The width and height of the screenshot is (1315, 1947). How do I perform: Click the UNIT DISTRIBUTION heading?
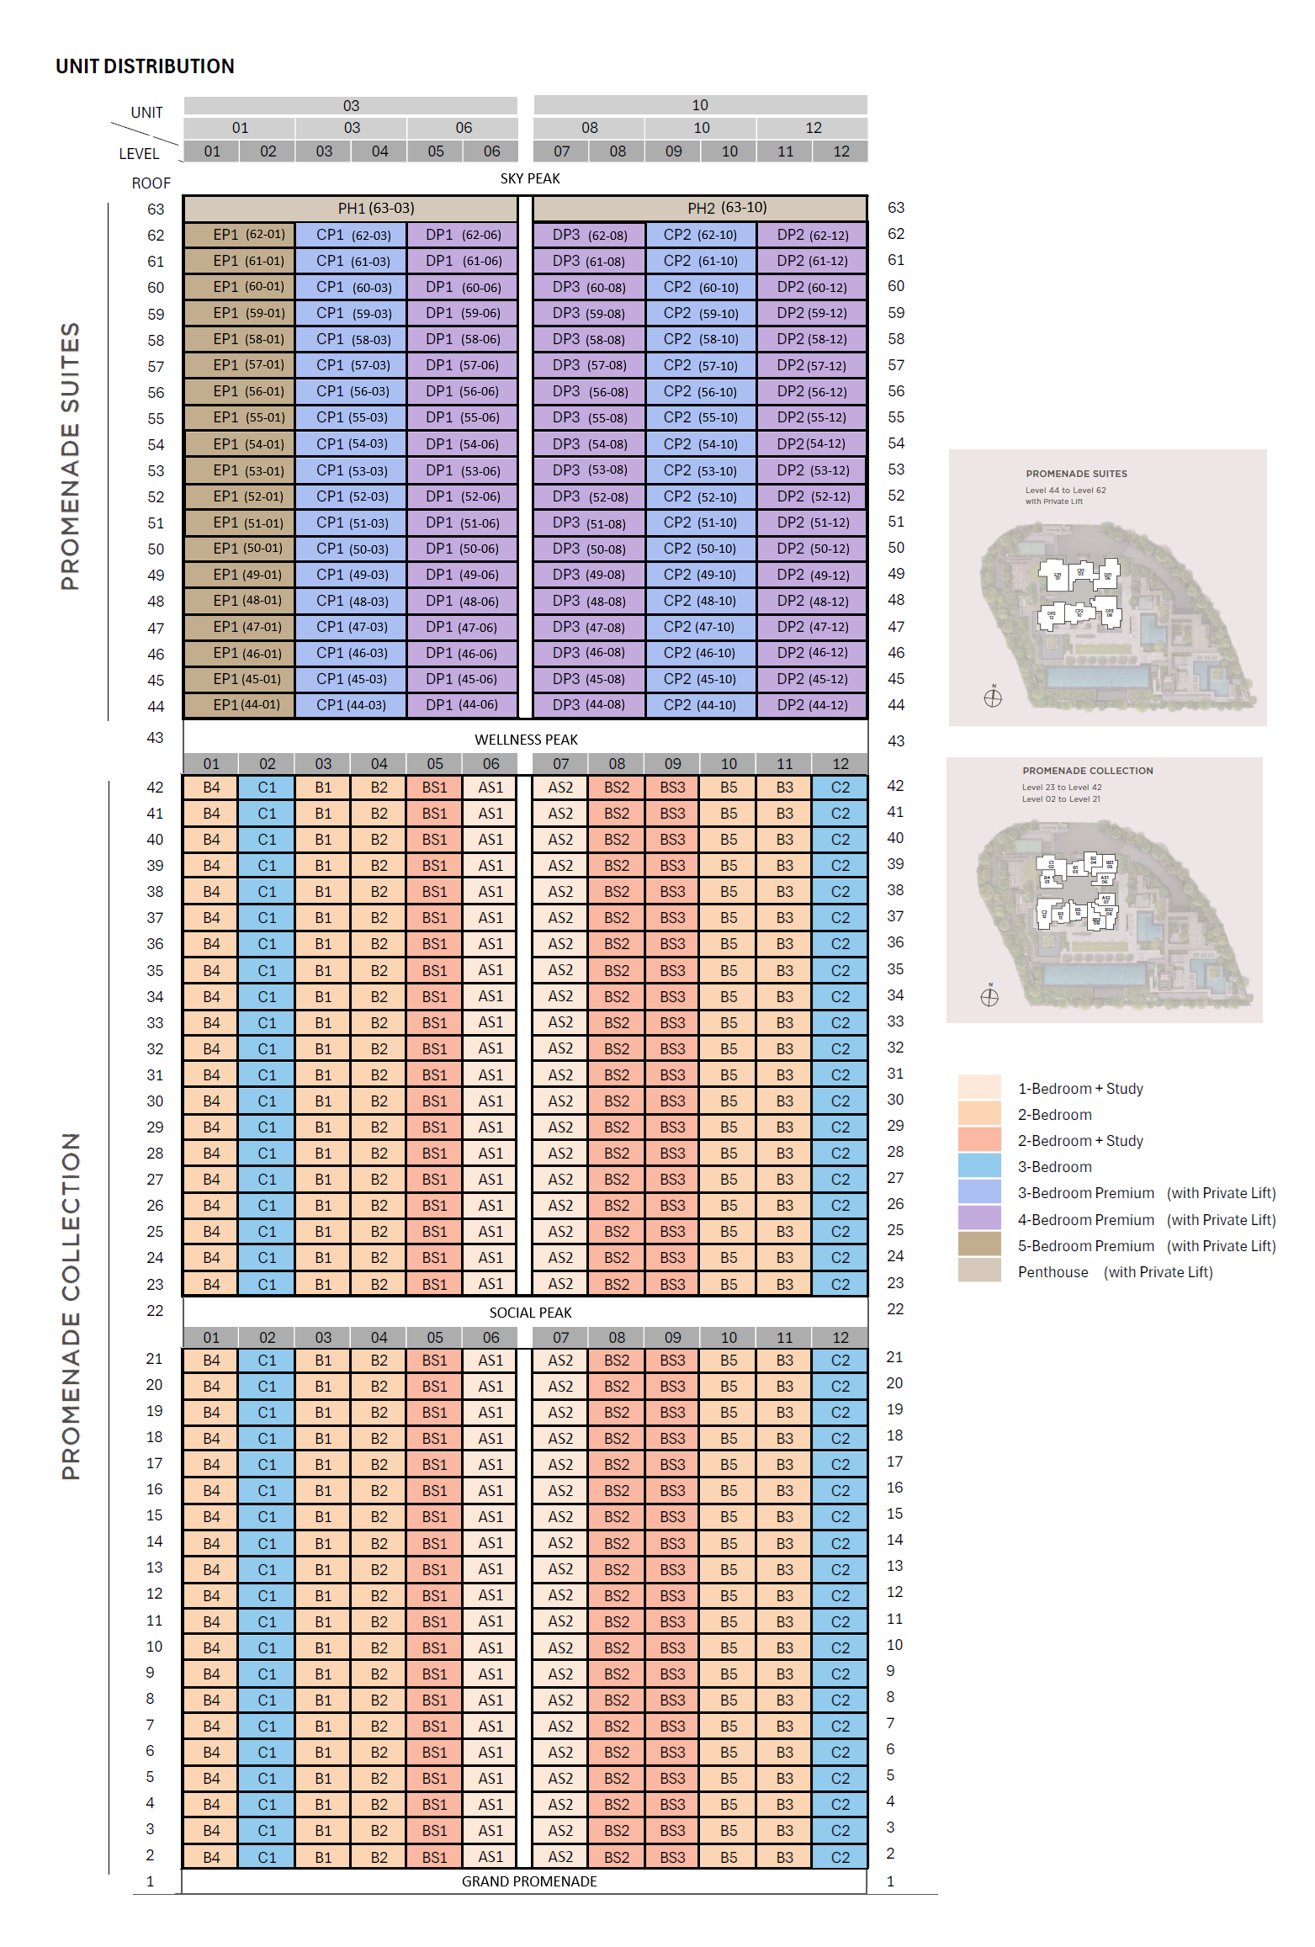point(145,66)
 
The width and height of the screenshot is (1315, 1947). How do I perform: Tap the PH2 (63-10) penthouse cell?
point(700,208)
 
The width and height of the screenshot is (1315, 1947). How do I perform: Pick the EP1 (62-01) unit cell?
point(240,235)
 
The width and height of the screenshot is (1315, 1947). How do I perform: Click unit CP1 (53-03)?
point(351,470)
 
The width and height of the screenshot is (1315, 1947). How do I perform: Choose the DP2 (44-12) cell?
point(812,705)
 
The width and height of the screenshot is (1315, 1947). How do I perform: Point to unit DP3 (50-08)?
point(589,549)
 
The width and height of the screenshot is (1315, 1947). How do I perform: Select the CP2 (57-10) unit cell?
point(700,365)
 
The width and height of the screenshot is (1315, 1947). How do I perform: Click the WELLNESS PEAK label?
point(526,740)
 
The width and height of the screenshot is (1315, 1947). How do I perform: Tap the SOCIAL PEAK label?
point(530,1313)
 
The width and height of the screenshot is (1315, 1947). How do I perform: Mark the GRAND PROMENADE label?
point(529,1881)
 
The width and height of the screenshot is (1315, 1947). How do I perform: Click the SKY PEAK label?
point(530,178)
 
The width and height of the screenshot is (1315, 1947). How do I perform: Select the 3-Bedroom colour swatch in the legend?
point(979,1166)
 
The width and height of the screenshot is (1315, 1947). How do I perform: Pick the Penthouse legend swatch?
point(979,1271)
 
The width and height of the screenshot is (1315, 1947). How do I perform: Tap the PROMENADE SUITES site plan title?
point(1076,474)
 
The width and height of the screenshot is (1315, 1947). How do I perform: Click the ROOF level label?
point(151,183)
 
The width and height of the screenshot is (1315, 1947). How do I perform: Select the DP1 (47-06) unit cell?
point(461,627)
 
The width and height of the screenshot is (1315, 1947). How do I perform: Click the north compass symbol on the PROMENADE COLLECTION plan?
point(989,997)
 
